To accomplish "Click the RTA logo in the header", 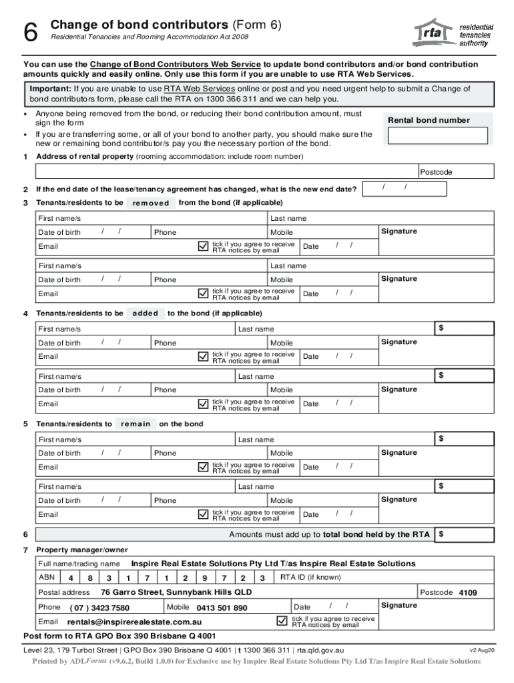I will [454, 32].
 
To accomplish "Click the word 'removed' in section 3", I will [151, 203].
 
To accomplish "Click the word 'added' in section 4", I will [146, 313].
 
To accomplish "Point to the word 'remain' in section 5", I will [136, 424].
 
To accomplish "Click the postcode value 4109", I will [467, 593].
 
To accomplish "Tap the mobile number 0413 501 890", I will [222, 608].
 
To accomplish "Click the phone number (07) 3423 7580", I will [99, 608].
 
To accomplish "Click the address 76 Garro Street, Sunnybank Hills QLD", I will [176, 592].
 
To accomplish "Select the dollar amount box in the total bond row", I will [465, 534].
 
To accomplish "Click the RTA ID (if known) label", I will [310, 578].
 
